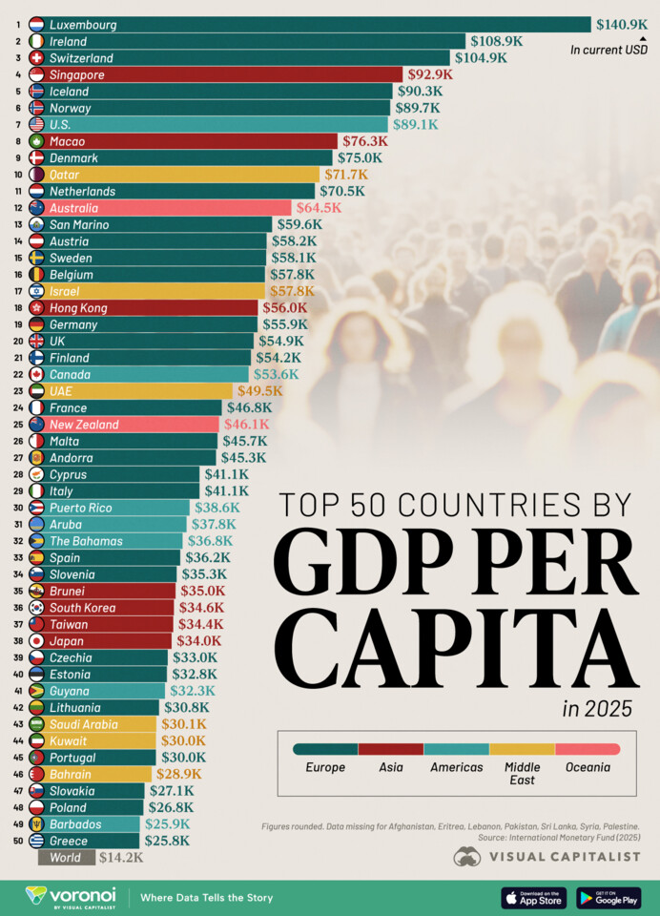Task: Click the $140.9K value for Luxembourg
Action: (x=621, y=25)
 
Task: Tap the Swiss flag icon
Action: (x=36, y=58)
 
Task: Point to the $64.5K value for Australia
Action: (x=318, y=208)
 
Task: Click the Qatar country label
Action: (x=66, y=175)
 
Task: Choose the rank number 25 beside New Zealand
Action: (x=17, y=425)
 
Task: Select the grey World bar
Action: (x=66, y=858)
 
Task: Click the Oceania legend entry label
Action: (x=587, y=767)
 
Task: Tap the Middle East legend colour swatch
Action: (x=522, y=749)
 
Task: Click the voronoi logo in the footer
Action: (x=71, y=897)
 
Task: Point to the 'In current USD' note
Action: (x=608, y=50)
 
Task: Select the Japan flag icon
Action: (x=36, y=641)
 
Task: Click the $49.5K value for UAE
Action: (x=259, y=391)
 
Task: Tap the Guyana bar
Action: (x=105, y=691)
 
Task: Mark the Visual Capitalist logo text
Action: (x=563, y=857)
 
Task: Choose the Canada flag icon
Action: (x=36, y=374)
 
